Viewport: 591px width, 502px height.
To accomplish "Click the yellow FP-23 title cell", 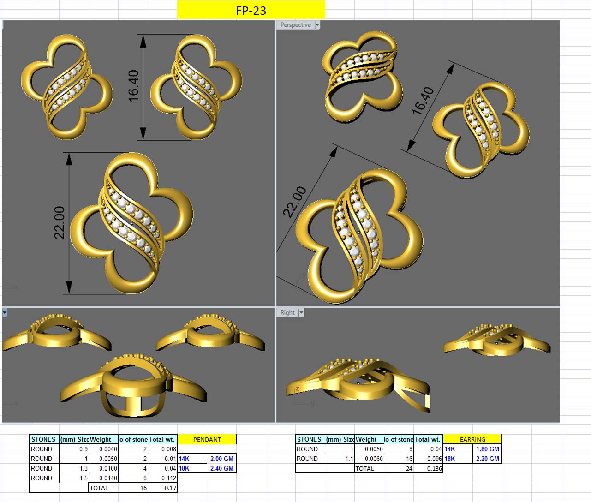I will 251,10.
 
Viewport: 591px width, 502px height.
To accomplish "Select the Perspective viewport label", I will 295,25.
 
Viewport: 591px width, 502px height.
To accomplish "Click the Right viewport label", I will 287,312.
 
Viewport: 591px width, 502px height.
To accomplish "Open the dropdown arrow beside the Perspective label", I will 317,25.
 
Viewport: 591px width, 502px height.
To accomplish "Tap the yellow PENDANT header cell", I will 207,439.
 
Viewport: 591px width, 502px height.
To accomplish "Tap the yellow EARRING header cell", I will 472,439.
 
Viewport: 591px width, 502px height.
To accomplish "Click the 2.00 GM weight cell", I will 221,459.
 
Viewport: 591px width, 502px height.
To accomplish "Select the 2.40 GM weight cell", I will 221,468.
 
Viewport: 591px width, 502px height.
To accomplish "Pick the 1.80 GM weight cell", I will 487,449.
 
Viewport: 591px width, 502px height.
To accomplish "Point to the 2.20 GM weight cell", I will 487,459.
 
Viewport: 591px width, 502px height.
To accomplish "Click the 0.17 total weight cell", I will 170,488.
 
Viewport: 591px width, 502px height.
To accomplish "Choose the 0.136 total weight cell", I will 434,468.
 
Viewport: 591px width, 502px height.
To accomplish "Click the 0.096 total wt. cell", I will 434,459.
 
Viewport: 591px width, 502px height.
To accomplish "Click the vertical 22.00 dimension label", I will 60,222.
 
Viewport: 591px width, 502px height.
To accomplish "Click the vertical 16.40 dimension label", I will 133,86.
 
